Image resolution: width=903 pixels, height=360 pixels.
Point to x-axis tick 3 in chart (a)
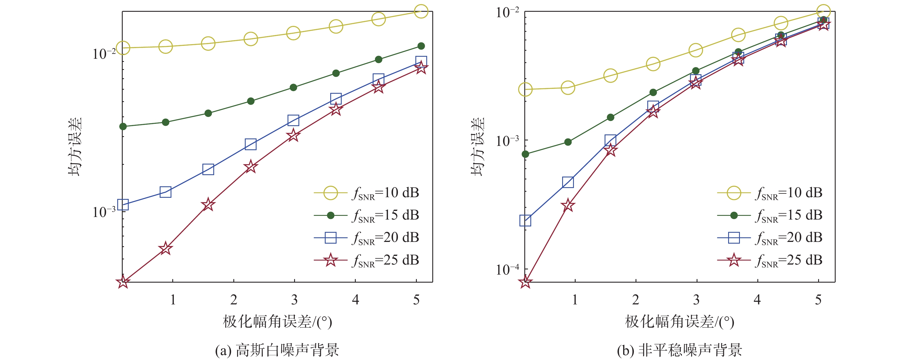click(294, 300)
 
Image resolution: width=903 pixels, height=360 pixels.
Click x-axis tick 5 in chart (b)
click(818, 300)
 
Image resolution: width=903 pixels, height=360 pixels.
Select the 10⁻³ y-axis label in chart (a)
click(104, 212)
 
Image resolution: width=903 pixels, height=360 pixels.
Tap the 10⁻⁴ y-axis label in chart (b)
click(507, 269)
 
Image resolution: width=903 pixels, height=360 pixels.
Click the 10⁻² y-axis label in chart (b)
click(507, 12)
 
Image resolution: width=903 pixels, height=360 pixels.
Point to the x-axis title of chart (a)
click(277, 321)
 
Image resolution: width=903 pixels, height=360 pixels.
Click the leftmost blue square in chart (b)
click(525, 220)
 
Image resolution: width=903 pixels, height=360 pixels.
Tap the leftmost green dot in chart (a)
click(123, 126)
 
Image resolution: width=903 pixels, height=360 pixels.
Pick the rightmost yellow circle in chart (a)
click(421, 11)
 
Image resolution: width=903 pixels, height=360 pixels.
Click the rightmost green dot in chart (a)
click(421, 46)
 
